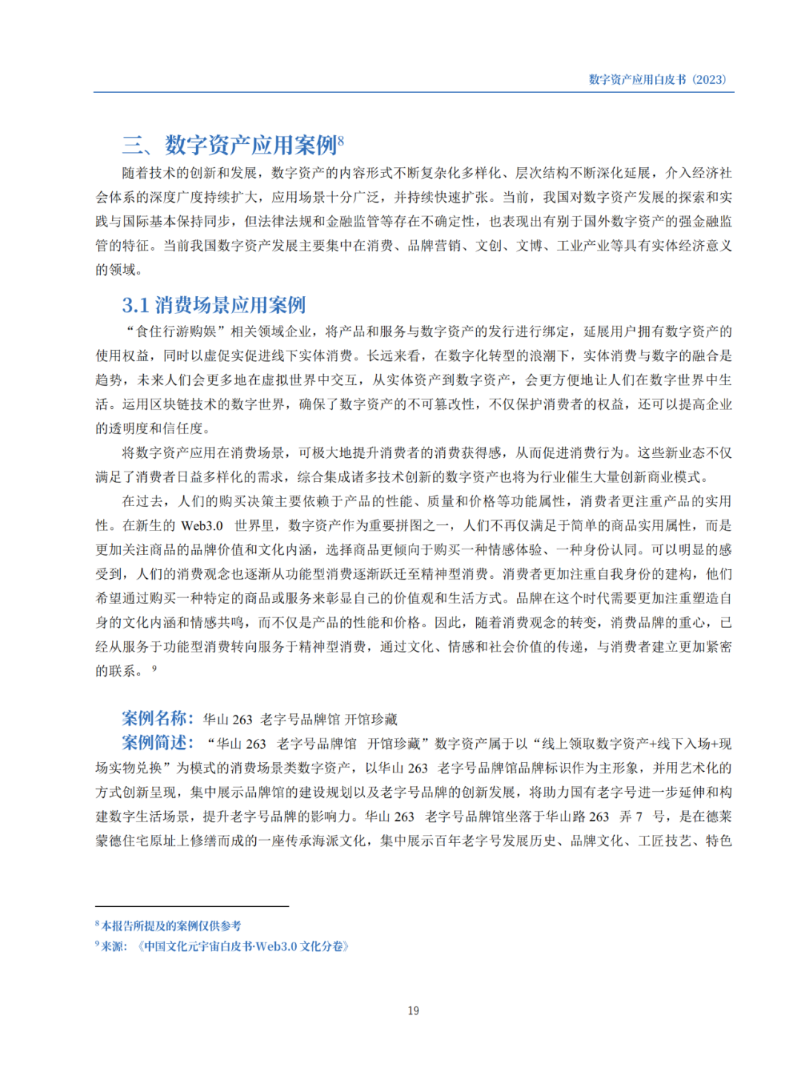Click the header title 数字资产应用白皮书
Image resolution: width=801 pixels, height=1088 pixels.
point(637,79)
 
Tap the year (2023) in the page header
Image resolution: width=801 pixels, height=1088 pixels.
point(710,79)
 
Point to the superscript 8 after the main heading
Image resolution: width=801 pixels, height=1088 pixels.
point(341,138)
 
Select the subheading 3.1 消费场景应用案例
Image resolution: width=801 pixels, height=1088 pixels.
point(214,305)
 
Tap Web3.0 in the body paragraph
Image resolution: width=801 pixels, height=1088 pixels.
point(202,526)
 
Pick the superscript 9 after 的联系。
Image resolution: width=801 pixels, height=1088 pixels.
point(154,668)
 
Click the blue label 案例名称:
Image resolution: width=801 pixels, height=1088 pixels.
point(157,718)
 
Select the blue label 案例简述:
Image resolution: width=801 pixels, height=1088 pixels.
point(157,743)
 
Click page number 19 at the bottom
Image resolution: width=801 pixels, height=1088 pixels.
point(413,1011)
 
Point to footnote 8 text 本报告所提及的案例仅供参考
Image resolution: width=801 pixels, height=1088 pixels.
point(171,926)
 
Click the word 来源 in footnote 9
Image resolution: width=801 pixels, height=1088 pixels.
point(113,946)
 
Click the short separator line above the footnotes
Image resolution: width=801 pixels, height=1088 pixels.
point(191,906)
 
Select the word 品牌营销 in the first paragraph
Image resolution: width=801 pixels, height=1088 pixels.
point(434,246)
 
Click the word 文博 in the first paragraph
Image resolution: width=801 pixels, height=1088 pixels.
point(530,246)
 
